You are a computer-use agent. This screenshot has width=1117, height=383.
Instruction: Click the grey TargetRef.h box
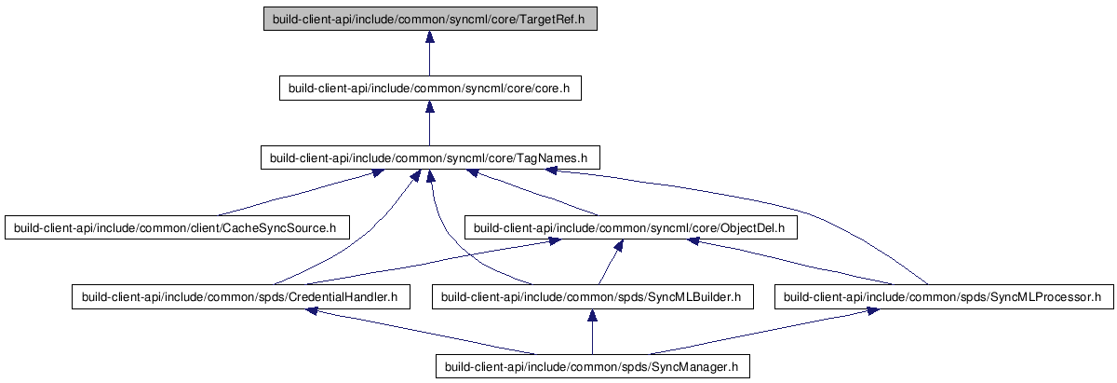coord(430,19)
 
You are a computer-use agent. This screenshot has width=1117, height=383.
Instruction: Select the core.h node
coord(430,88)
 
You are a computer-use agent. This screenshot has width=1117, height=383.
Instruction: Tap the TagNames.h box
coord(430,157)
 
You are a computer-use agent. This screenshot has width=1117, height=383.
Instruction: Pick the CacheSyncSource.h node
coord(177,227)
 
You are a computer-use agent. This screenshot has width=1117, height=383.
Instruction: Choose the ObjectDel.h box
coord(631,227)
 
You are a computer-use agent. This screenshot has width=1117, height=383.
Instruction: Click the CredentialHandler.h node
coord(241,297)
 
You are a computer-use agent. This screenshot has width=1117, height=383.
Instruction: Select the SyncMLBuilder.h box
coord(592,297)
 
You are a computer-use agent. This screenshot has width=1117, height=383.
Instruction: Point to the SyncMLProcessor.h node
coord(944,297)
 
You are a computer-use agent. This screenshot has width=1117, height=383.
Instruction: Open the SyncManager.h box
coord(592,366)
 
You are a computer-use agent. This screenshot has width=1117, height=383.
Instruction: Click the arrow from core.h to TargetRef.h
coord(430,53)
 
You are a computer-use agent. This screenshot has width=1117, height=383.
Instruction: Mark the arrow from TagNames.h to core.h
coord(430,123)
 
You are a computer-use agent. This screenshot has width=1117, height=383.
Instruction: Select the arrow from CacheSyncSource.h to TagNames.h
coord(300,192)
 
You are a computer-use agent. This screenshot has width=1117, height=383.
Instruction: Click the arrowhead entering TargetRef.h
coord(430,37)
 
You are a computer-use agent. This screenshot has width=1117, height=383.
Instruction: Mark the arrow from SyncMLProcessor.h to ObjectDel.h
coord(790,262)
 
